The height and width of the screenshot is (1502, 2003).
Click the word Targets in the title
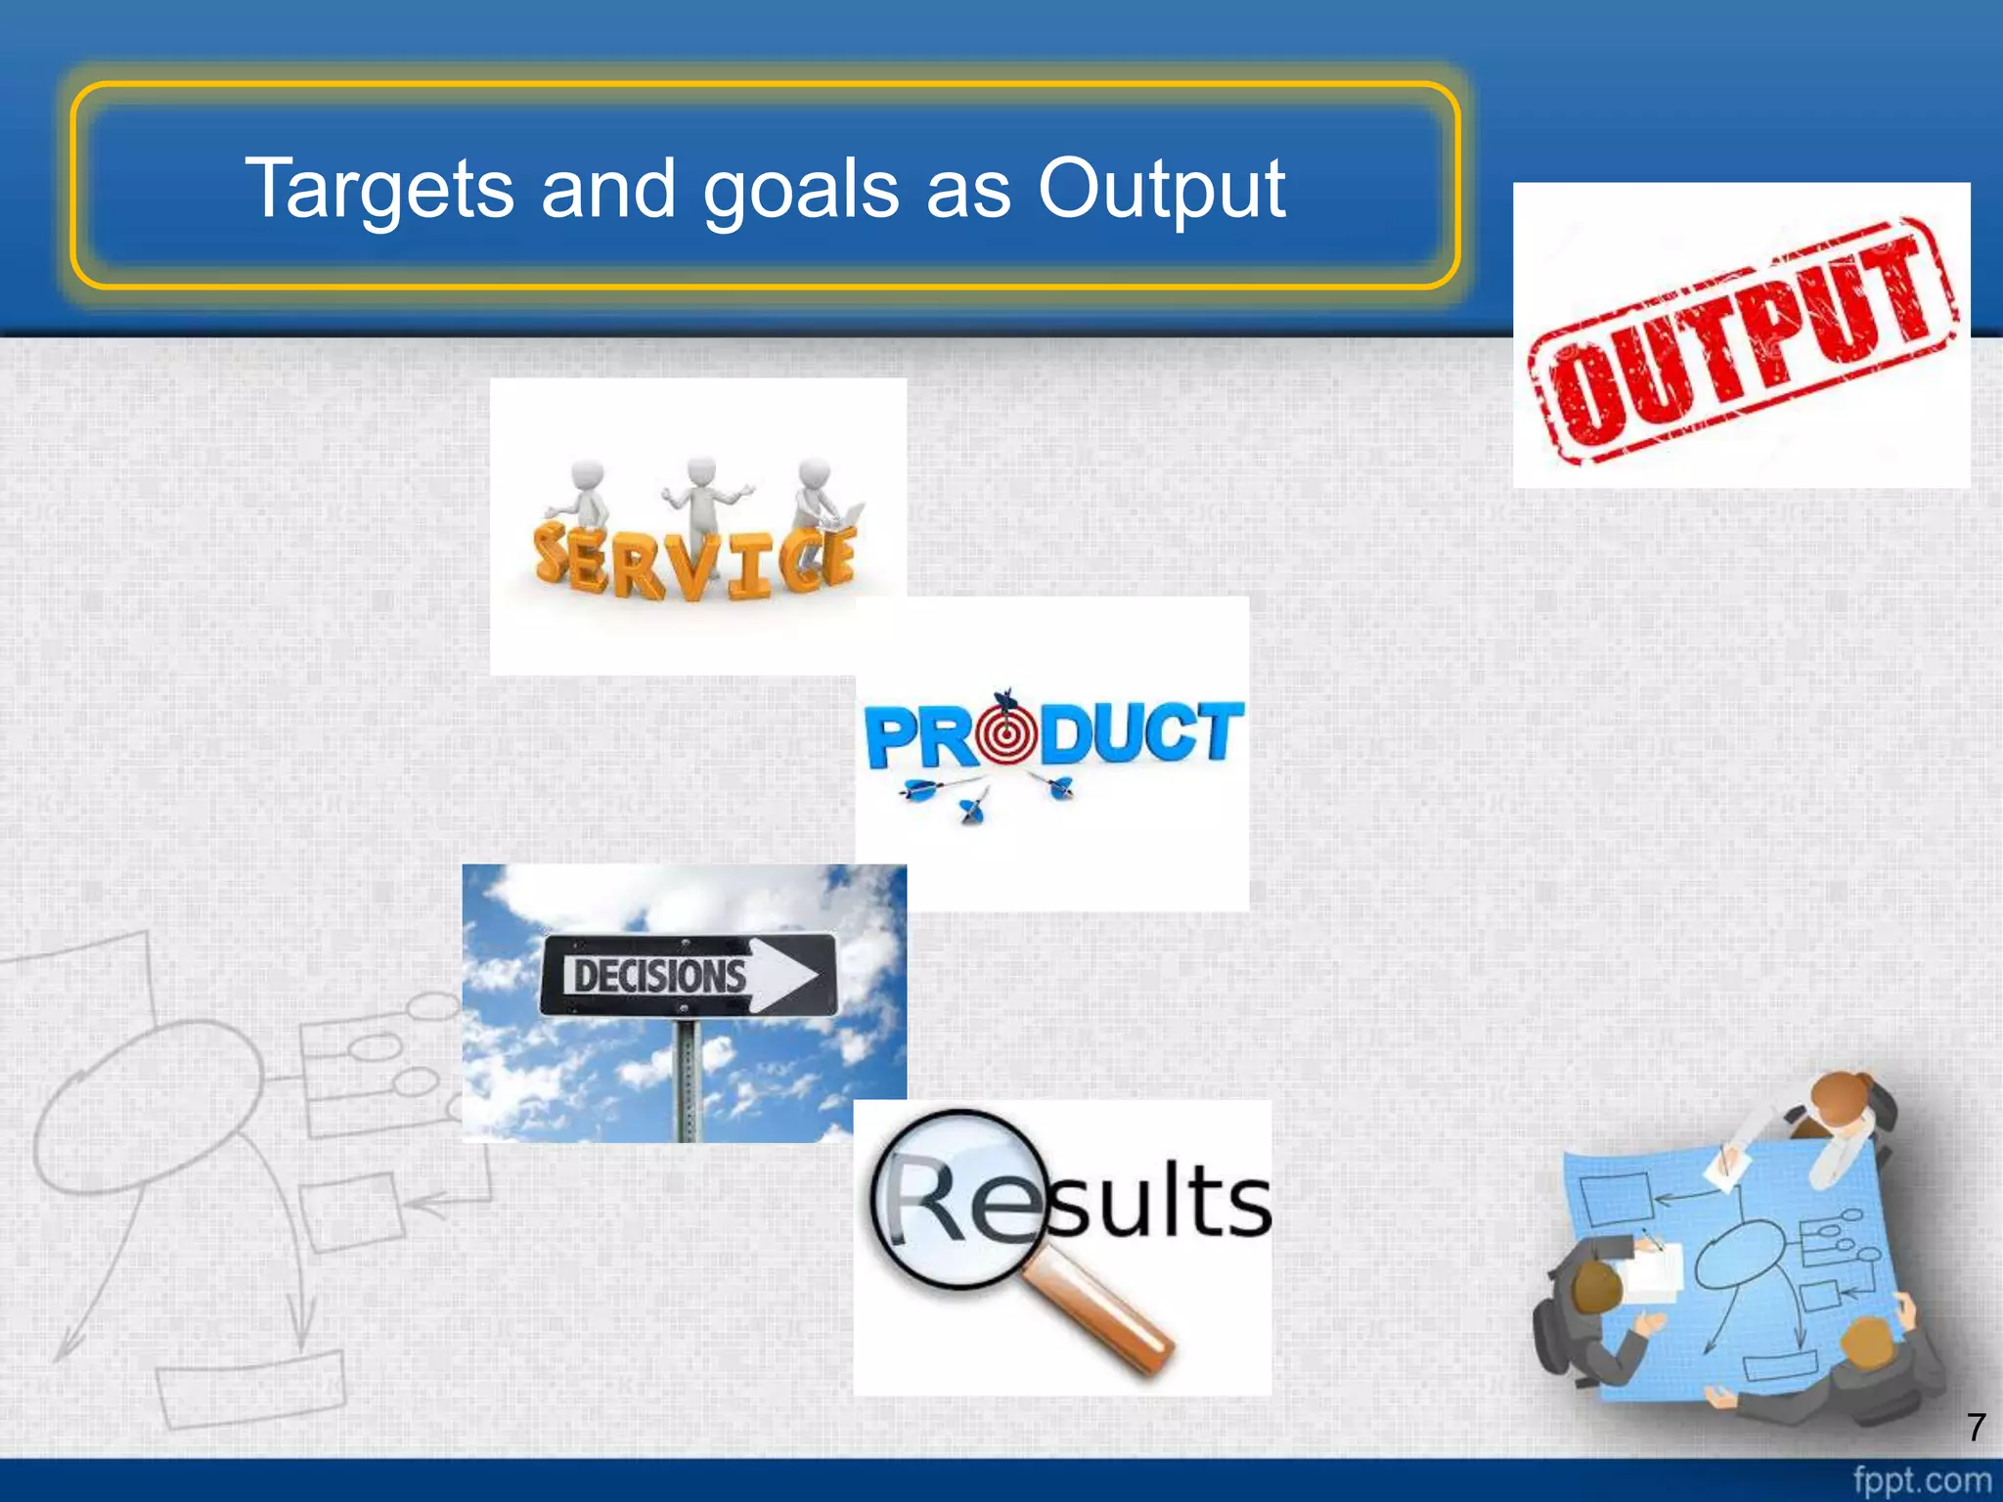(x=378, y=188)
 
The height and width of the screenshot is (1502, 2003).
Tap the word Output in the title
(x=1161, y=190)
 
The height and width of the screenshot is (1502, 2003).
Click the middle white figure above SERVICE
(x=702, y=499)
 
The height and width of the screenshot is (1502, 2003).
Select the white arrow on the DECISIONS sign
(x=782, y=975)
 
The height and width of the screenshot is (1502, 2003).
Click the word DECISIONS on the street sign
(x=659, y=976)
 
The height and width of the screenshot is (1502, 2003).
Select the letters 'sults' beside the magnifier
(x=1159, y=1203)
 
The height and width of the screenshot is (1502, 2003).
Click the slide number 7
(x=1976, y=1427)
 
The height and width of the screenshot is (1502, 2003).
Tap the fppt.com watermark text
(x=1922, y=1480)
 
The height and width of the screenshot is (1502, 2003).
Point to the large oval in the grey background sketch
(x=147, y=1105)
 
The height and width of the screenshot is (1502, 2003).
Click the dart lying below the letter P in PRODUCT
(x=929, y=787)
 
